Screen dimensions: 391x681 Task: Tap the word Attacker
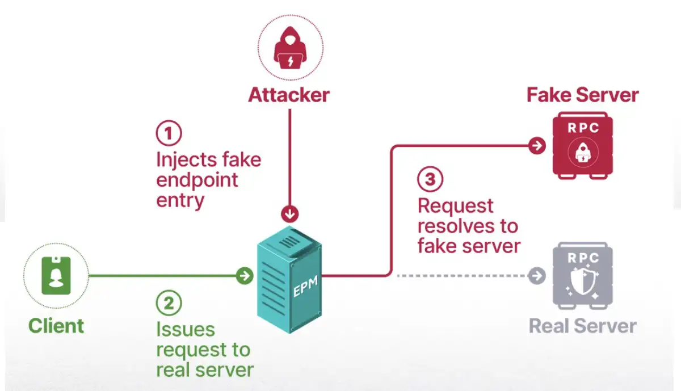point(289,95)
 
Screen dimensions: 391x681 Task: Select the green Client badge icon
point(56,275)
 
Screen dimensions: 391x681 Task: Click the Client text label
point(56,326)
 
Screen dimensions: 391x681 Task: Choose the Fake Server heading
point(583,95)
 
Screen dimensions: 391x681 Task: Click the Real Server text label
point(583,326)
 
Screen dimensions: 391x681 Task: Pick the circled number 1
point(169,134)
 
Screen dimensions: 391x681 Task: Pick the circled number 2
point(169,304)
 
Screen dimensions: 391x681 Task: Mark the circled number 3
point(430,179)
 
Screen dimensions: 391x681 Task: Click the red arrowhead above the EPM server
point(290,215)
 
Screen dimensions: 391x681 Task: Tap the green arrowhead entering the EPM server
point(245,276)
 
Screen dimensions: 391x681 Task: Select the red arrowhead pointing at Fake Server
point(536,146)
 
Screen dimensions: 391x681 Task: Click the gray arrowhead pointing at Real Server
point(536,276)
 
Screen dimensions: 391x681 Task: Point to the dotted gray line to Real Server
point(460,276)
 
